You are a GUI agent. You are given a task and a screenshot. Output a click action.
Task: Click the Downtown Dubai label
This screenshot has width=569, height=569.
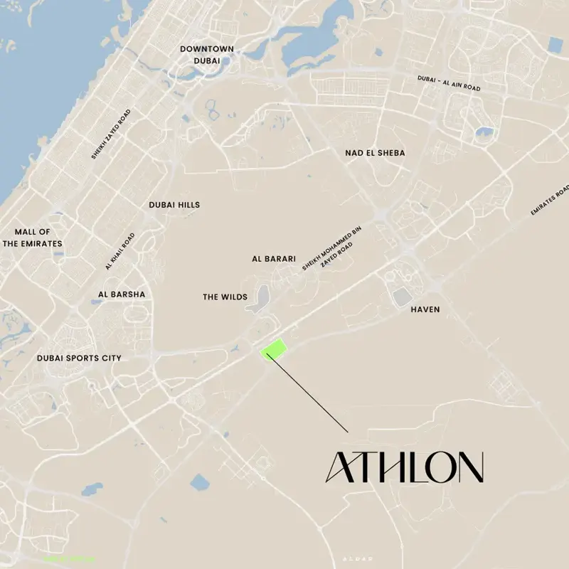point(206,55)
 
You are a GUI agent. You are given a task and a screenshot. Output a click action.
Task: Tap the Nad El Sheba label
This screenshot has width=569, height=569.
point(375,153)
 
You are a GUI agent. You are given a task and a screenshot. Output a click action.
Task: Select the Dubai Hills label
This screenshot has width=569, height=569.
point(174,205)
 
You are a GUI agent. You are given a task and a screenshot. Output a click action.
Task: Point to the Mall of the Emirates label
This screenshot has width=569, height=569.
point(33,238)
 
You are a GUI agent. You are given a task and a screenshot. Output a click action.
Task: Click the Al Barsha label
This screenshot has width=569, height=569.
point(122,294)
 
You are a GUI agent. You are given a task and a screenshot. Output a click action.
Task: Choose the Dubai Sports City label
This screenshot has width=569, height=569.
point(79,358)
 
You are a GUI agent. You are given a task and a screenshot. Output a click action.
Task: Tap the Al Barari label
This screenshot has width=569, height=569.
point(274,259)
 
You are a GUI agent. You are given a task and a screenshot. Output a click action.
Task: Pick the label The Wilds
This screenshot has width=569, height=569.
point(225,297)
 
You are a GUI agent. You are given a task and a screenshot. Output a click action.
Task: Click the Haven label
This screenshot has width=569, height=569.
point(425,309)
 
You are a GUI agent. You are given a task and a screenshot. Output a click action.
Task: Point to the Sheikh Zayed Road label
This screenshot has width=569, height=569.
point(111,134)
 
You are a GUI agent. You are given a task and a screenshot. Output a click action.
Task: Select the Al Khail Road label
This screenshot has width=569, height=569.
point(119,251)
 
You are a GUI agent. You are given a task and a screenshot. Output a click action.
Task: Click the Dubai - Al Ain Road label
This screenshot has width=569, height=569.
point(450,83)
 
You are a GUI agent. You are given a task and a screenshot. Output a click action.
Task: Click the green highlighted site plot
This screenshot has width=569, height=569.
point(275,349)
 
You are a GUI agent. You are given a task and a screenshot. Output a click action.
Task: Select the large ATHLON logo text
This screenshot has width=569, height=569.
point(404,467)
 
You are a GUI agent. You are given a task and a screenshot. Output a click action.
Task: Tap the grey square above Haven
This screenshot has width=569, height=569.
point(402,297)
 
